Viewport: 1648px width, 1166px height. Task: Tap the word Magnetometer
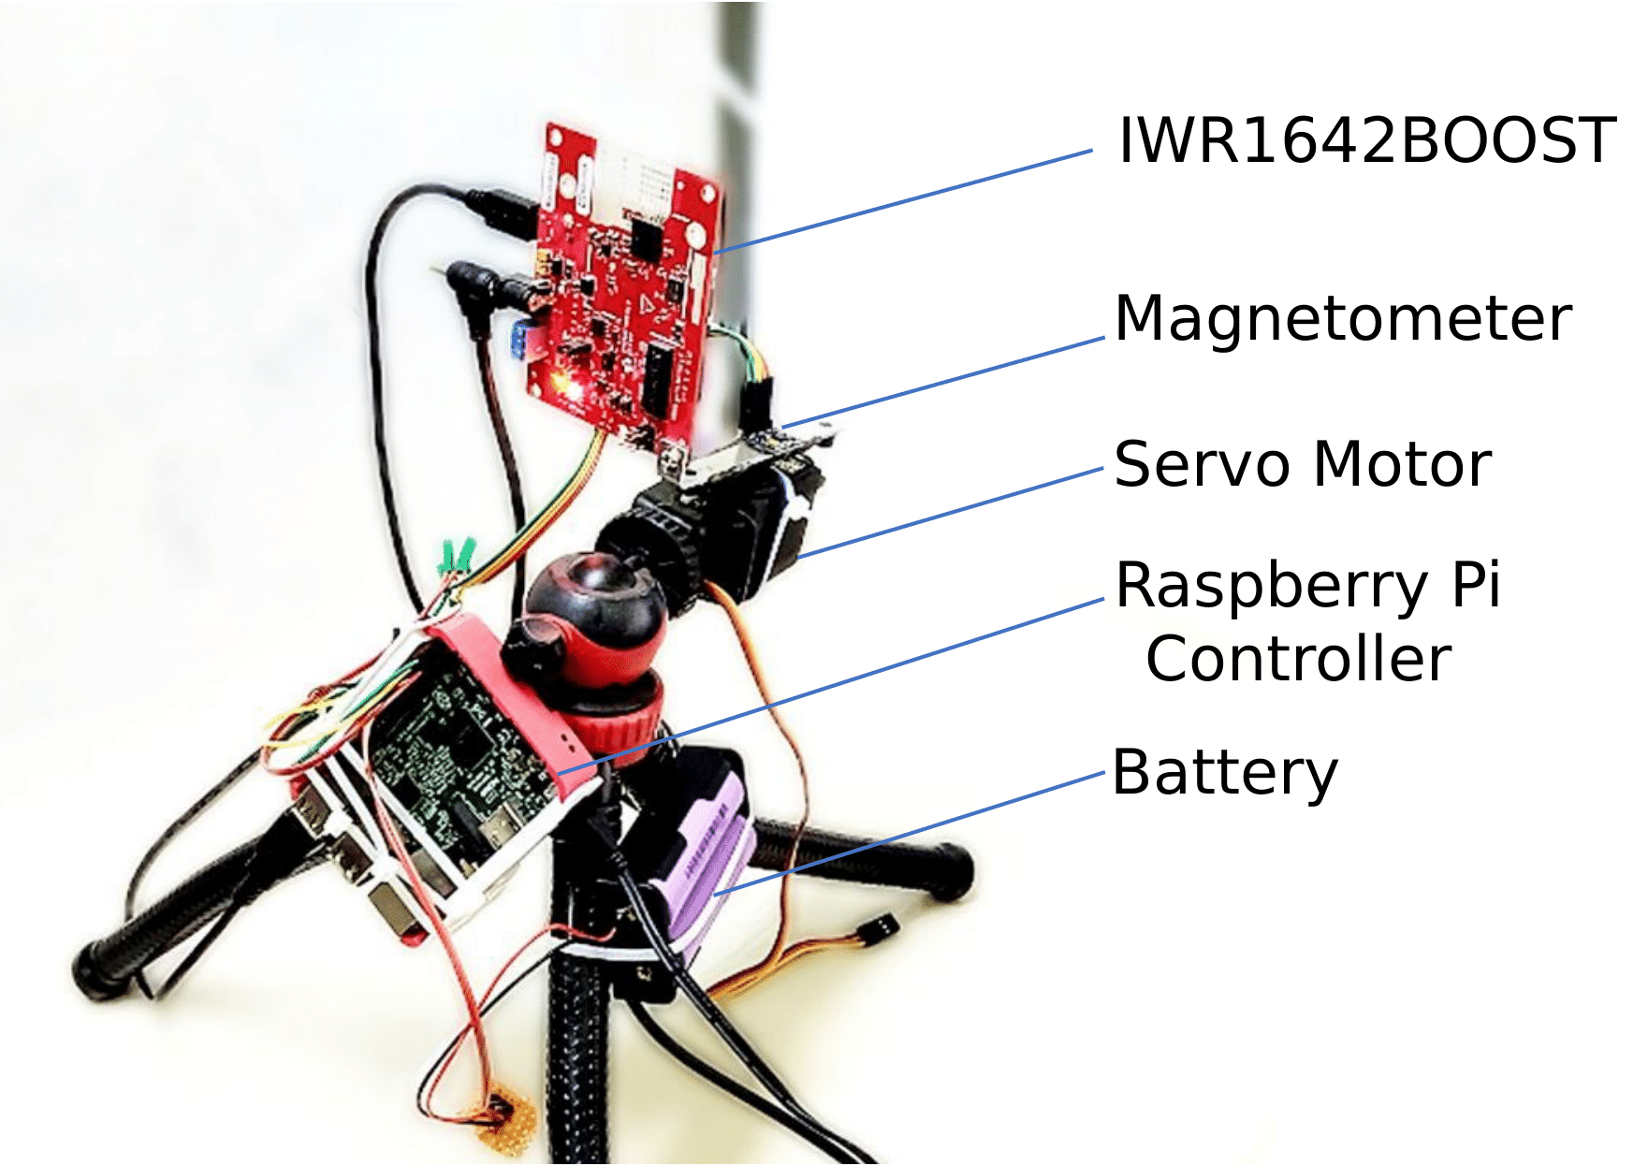click(1342, 319)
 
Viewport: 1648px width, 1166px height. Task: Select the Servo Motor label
click(1302, 465)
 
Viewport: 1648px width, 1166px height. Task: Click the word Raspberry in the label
click(1271, 587)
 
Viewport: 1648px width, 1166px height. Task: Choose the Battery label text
click(1224, 773)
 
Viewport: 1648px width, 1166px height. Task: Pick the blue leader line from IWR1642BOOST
click(903, 201)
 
